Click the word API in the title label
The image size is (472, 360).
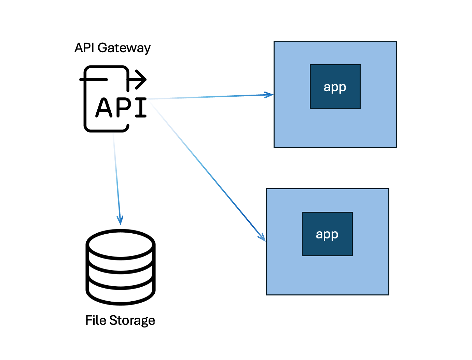click(x=84, y=47)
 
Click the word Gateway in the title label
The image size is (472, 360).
click(x=124, y=48)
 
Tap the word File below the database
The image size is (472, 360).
click(x=96, y=320)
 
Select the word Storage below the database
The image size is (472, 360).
click(x=132, y=321)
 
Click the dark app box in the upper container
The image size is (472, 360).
click(x=335, y=86)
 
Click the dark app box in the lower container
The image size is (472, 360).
click(x=327, y=234)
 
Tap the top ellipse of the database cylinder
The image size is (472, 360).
click(x=121, y=245)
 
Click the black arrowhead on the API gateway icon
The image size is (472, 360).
click(x=141, y=80)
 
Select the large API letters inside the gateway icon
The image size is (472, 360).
click(x=121, y=107)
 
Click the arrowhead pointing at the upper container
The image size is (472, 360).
click(x=269, y=95)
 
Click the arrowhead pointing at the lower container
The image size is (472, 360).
click(x=262, y=237)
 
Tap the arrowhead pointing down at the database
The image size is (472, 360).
click(x=120, y=220)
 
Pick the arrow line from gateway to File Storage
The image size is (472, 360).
click(x=117, y=179)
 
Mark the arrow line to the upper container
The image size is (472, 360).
click(x=210, y=97)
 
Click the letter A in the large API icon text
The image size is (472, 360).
click(x=103, y=107)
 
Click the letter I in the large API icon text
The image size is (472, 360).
click(x=141, y=108)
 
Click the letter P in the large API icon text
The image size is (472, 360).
click(x=123, y=108)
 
